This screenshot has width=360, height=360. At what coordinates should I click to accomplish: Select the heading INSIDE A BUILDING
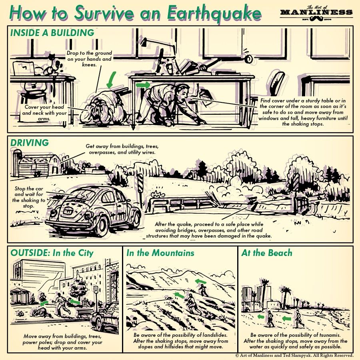(52, 33)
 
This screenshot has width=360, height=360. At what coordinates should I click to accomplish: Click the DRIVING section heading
(30, 143)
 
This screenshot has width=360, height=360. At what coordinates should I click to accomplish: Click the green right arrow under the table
(142, 85)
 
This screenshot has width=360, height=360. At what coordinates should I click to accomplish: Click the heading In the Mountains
(160, 253)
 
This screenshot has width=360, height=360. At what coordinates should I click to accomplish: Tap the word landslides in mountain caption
(212, 334)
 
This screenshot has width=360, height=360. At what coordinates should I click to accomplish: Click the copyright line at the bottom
(294, 355)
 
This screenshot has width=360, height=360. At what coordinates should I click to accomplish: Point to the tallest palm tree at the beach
(264, 292)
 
